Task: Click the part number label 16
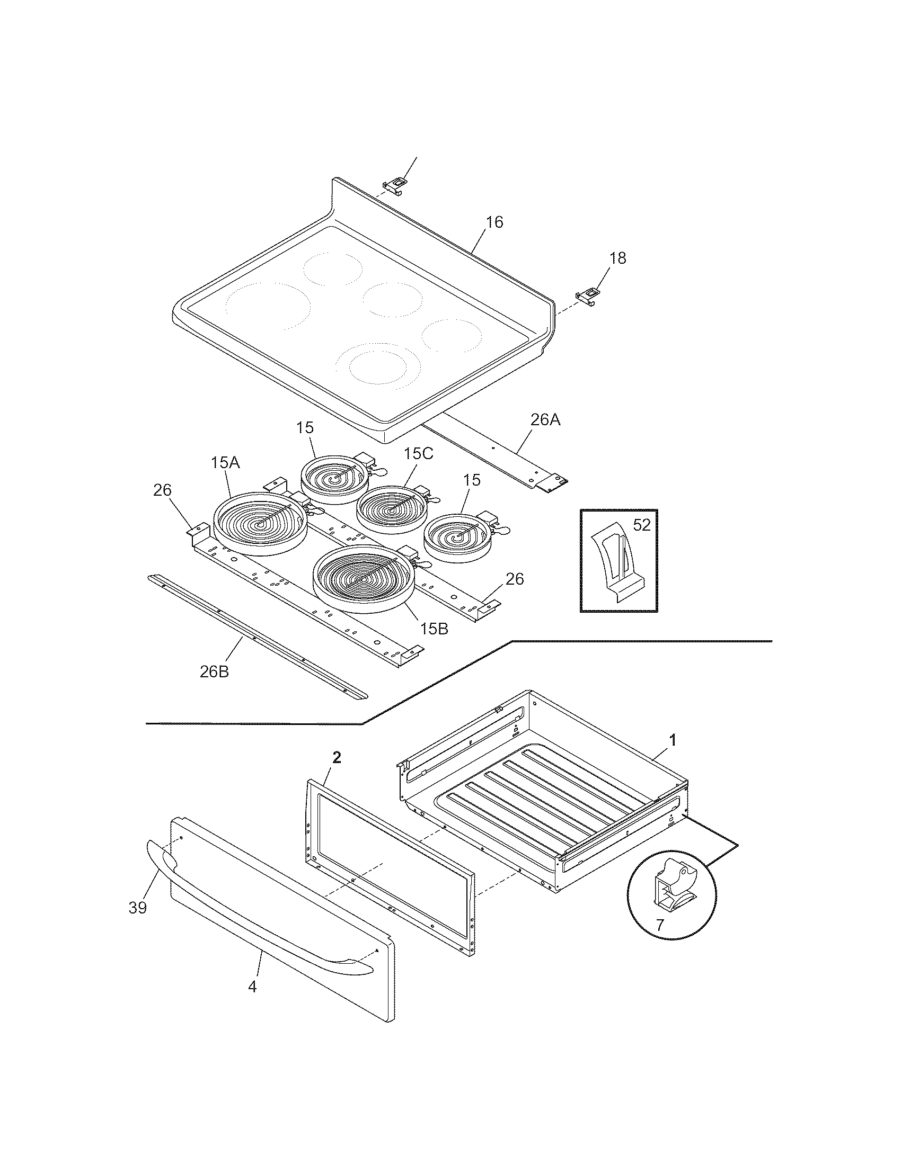tap(495, 222)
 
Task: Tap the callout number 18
tap(617, 258)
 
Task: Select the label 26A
tap(545, 420)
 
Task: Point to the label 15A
tap(225, 462)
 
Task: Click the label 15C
tap(419, 454)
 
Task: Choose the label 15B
tap(434, 629)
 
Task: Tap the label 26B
tap(215, 671)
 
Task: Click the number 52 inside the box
tap(642, 525)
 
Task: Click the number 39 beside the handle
tap(138, 907)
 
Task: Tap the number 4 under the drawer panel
tap(252, 987)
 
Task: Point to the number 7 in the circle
tap(660, 925)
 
